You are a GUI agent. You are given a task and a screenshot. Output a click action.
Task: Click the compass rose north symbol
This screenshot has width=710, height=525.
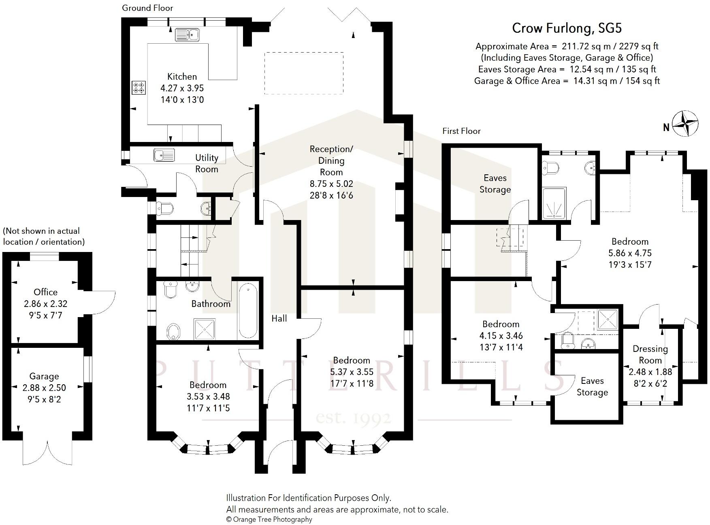point(685,124)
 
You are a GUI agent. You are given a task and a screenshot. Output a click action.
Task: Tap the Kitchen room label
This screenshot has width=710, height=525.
point(182,76)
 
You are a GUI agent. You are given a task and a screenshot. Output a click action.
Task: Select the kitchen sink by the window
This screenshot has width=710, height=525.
point(187,35)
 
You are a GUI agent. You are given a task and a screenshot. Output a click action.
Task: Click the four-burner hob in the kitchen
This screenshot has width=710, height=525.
point(139,88)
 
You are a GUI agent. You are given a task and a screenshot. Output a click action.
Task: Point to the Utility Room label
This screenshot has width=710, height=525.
point(207,163)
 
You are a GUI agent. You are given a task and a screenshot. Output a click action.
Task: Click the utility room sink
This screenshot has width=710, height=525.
point(164,155)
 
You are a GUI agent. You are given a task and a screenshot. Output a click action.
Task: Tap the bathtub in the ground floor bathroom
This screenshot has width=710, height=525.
point(248,311)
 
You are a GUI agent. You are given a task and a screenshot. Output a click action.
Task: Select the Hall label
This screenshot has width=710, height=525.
point(279,318)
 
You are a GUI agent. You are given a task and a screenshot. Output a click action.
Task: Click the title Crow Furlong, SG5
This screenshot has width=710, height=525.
point(567,28)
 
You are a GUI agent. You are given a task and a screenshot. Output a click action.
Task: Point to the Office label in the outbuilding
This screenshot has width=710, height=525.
point(45,292)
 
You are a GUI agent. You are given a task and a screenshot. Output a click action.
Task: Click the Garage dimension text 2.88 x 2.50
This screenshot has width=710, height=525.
point(44,388)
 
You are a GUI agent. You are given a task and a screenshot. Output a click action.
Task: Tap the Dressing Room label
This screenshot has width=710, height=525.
point(650,354)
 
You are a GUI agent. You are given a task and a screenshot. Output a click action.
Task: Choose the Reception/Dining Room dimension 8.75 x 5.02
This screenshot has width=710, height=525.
point(331,184)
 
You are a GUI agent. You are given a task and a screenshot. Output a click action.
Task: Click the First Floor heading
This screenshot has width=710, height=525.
point(461,131)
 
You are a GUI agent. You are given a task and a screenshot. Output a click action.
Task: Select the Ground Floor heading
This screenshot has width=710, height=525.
point(147,8)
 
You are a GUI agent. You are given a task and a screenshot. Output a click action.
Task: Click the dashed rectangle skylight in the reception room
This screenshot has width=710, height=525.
point(304,73)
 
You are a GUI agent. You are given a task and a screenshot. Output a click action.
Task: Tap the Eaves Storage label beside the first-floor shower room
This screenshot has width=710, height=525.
point(495,184)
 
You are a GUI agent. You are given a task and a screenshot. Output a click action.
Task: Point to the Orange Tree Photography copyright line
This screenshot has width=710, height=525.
point(269,519)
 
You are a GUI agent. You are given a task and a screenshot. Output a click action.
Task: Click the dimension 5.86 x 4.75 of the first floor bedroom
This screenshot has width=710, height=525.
point(630,253)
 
